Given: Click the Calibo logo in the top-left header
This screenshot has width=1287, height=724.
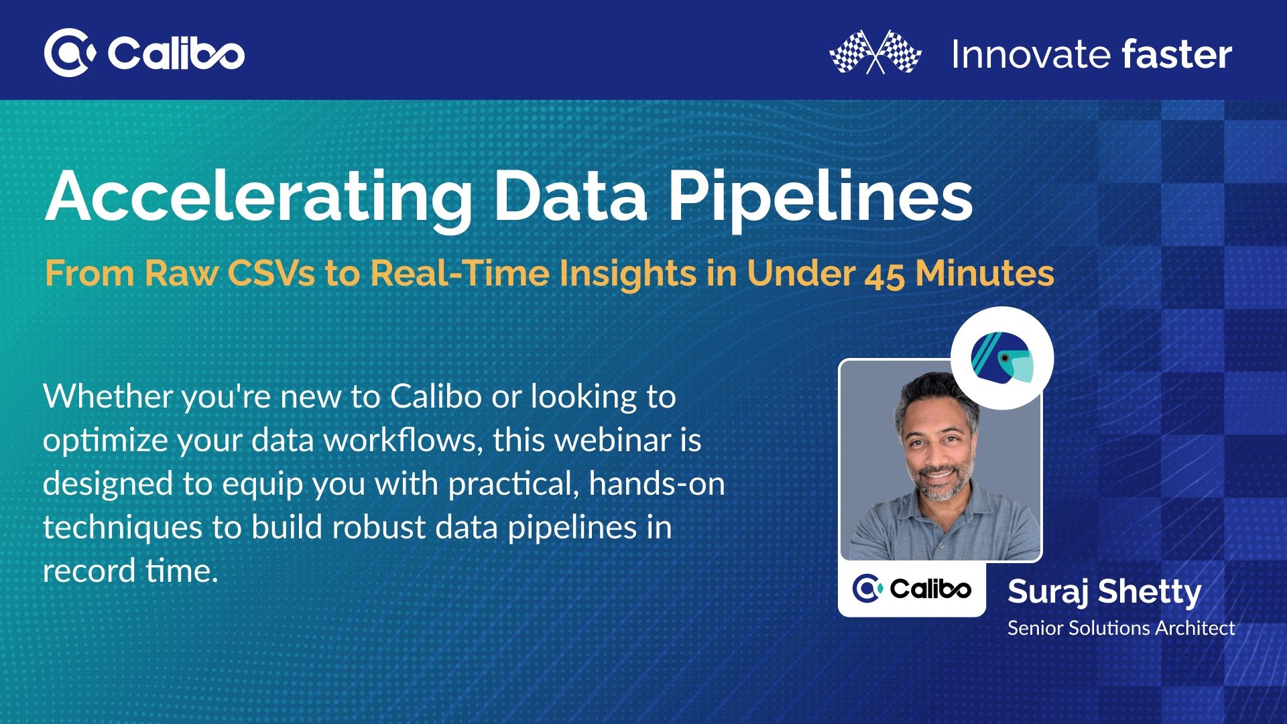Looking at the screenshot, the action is (144, 53).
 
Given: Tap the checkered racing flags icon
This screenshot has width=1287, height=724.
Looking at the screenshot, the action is (875, 52).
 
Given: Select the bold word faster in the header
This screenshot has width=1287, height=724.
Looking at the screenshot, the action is (1177, 54).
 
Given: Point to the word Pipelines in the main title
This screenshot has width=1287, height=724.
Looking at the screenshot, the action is (821, 197).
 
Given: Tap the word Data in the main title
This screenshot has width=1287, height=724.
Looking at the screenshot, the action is (571, 196).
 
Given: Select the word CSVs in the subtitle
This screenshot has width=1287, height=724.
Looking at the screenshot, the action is (271, 274).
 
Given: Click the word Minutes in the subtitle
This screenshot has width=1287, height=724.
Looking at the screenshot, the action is (985, 274).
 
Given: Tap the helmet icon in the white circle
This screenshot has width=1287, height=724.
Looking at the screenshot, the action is (1002, 358).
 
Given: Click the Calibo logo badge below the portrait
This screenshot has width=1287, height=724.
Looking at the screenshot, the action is (912, 589).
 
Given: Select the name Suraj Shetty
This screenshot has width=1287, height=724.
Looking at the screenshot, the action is (1104, 593).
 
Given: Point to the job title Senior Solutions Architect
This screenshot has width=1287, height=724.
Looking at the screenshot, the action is (1121, 628).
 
